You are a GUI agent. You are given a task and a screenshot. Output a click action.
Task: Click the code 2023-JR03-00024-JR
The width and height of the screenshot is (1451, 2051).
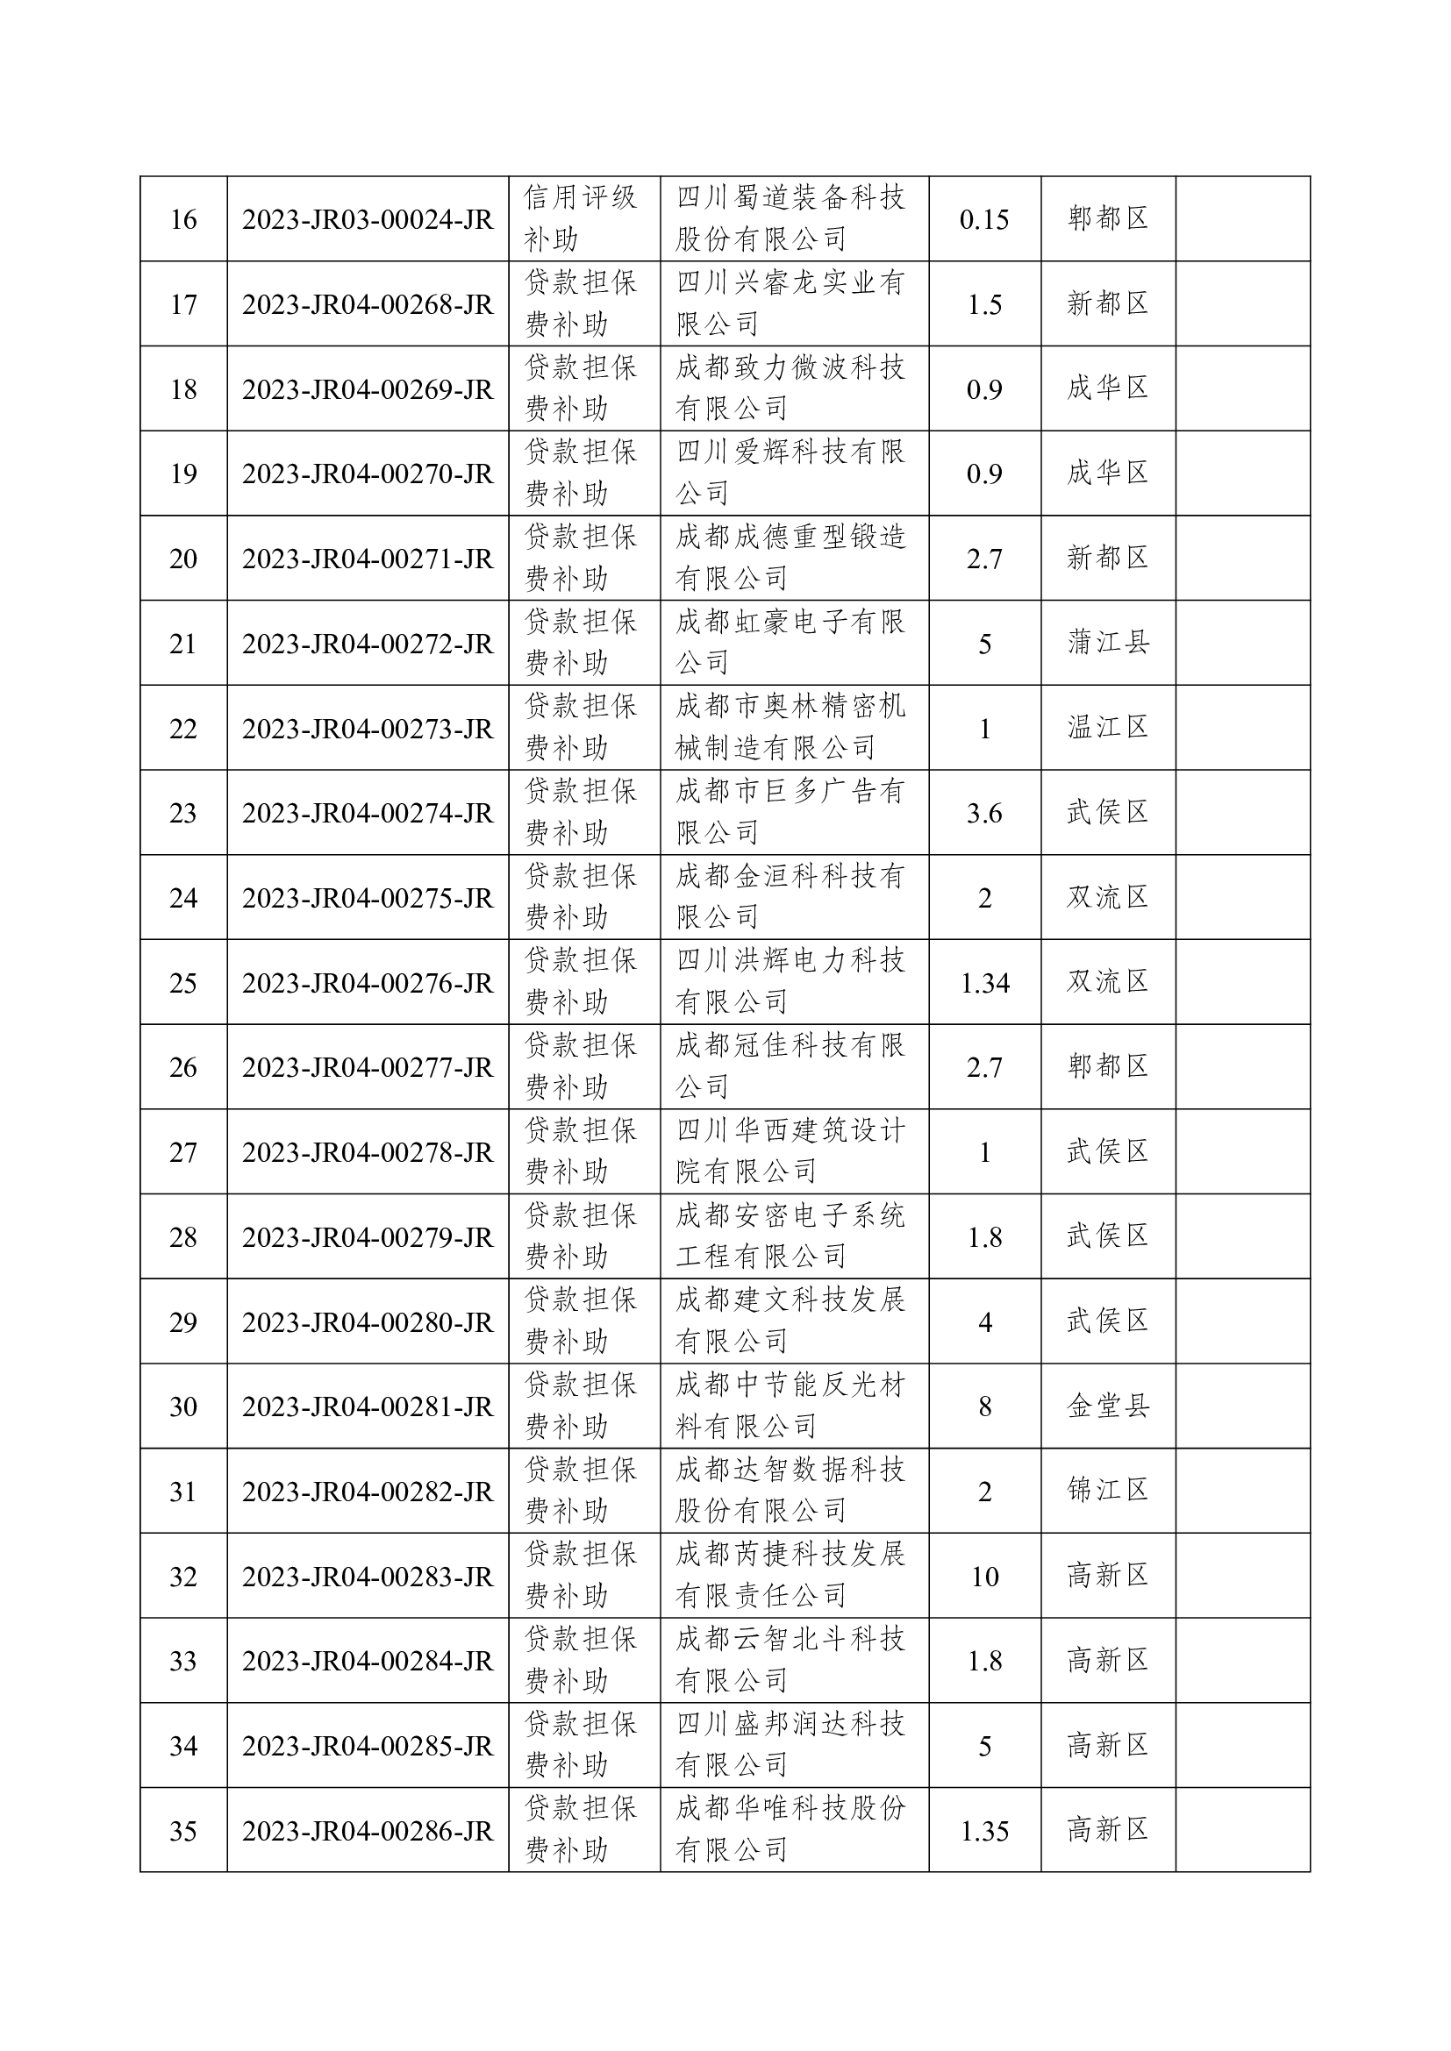[x=368, y=219]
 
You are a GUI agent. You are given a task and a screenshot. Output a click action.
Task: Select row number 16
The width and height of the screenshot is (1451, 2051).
[x=183, y=219]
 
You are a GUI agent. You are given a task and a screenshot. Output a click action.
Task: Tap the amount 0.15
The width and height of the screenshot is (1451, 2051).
[x=983, y=219]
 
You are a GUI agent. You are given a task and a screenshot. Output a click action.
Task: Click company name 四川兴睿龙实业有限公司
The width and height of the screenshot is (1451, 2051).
[x=790, y=303]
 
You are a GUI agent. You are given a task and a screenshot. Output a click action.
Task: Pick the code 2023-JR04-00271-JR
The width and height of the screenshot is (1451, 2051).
[x=368, y=559]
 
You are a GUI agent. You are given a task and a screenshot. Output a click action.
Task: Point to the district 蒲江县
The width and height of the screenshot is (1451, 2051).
[x=1107, y=642]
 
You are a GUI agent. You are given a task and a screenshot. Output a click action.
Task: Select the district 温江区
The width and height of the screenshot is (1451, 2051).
[x=1107, y=727]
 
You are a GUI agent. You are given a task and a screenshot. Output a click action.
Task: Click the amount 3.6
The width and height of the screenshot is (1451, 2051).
[x=983, y=813]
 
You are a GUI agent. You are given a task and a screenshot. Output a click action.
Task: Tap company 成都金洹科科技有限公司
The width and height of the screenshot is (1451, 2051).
[x=790, y=896]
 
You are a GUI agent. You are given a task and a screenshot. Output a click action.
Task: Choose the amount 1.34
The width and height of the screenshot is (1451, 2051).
[x=984, y=983]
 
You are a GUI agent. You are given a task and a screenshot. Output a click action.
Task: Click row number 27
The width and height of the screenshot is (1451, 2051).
[x=183, y=1152]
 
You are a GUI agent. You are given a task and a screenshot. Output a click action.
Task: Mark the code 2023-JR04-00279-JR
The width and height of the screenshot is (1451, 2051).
[x=368, y=1237]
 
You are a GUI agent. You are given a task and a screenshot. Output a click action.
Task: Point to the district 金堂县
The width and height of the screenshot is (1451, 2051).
[x=1107, y=1406]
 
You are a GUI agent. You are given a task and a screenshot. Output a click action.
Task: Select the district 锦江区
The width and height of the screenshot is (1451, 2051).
[x=1107, y=1490]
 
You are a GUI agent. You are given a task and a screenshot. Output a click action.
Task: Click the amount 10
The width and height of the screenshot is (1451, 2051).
[x=984, y=1577]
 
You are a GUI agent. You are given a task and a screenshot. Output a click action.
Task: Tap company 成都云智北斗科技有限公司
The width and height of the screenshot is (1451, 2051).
[x=790, y=1659]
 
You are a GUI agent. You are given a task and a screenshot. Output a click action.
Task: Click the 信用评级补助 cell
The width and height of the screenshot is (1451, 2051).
[x=581, y=218]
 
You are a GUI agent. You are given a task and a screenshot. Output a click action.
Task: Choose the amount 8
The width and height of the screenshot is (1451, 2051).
[x=984, y=1407]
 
